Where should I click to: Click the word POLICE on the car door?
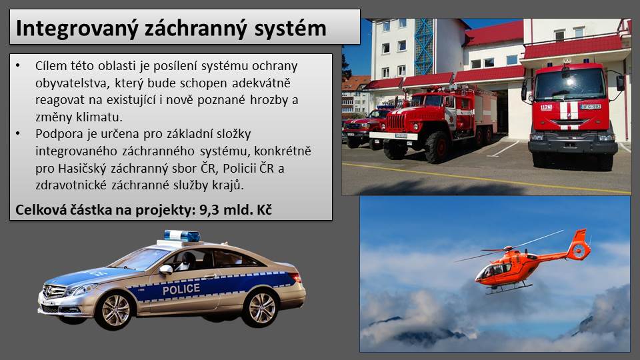(181, 289)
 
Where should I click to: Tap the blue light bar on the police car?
(182, 235)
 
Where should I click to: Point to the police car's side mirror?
(166, 269)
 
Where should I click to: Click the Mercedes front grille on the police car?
(54, 291)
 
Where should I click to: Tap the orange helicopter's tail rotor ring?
(579, 250)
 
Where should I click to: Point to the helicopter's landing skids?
(509, 289)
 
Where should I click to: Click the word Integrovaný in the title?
(76, 29)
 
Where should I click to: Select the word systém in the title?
(290, 29)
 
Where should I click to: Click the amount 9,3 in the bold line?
(208, 210)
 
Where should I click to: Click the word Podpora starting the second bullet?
(57, 134)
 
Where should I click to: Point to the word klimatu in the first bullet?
(99, 117)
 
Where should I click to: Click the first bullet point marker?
(17, 65)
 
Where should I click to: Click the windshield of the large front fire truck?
(570, 84)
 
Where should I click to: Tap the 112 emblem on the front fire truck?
(546, 108)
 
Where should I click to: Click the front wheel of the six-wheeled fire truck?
(437, 147)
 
